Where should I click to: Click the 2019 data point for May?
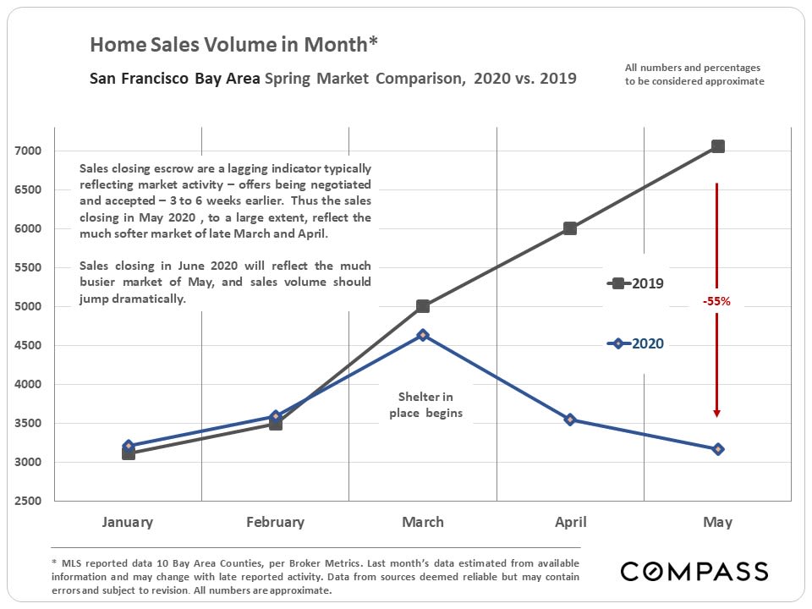[x=718, y=146]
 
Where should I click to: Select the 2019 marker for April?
[x=570, y=228]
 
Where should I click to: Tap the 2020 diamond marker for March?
[x=423, y=335]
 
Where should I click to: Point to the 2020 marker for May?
[x=718, y=449]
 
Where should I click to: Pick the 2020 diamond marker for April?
[x=570, y=420]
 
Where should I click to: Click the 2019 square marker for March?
[x=423, y=306]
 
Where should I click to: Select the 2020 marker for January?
[x=129, y=446]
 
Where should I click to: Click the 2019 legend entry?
[x=635, y=283]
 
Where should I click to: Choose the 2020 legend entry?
[x=635, y=343]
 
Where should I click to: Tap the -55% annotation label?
[x=716, y=301]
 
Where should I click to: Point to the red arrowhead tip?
[x=717, y=415]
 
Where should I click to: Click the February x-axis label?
[x=275, y=522]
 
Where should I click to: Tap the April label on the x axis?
[x=570, y=522]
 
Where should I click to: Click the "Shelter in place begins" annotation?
[x=425, y=405]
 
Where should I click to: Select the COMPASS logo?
[x=694, y=571]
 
